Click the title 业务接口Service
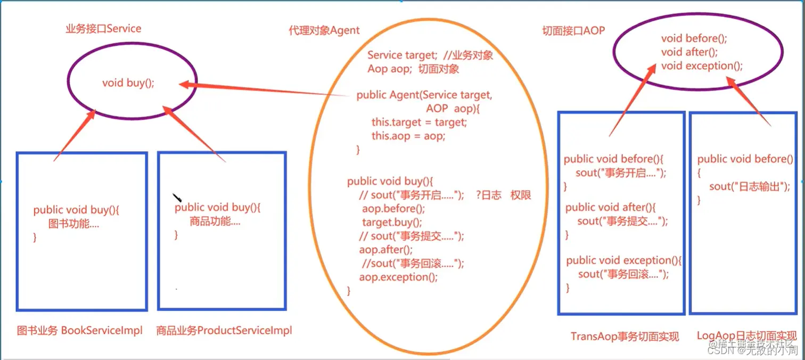coord(103,29)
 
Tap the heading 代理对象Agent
coord(324,30)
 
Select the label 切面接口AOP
coord(573,31)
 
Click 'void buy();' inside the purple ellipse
coord(128,83)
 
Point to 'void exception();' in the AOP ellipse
coord(701,66)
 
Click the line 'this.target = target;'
coord(419,122)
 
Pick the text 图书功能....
coord(73,224)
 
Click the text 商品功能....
coord(215,222)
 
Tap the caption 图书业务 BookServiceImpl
coord(80,331)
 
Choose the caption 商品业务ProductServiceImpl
coord(224,331)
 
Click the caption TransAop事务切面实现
coord(625,337)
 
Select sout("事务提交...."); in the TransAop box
coord(622,221)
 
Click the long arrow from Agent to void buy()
coord(266,90)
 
